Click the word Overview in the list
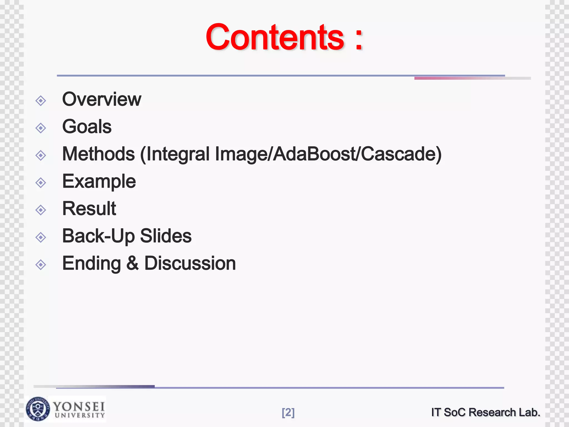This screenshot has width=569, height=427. click(102, 99)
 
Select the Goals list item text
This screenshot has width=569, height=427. click(87, 126)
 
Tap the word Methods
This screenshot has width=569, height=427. click(98, 154)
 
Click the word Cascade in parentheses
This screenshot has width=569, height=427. click(398, 154)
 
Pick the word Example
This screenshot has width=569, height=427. click(99, 182)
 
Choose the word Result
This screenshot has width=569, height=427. click(89, 208)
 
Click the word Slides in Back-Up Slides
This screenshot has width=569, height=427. click(166, 236)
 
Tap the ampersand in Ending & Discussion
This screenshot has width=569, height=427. click(133, 263)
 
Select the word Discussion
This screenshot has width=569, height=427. click(190, 263)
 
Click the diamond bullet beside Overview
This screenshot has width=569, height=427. click(41, 101)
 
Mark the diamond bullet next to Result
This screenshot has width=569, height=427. click(41, 210)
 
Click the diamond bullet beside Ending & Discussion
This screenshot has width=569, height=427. click(41, 265)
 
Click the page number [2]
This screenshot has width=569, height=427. click(288, 413)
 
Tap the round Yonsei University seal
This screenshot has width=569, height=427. click(38, 409)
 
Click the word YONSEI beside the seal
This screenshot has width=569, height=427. click(79, 406)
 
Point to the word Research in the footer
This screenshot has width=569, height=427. click(492, 412)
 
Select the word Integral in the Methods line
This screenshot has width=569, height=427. click(178, 154)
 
